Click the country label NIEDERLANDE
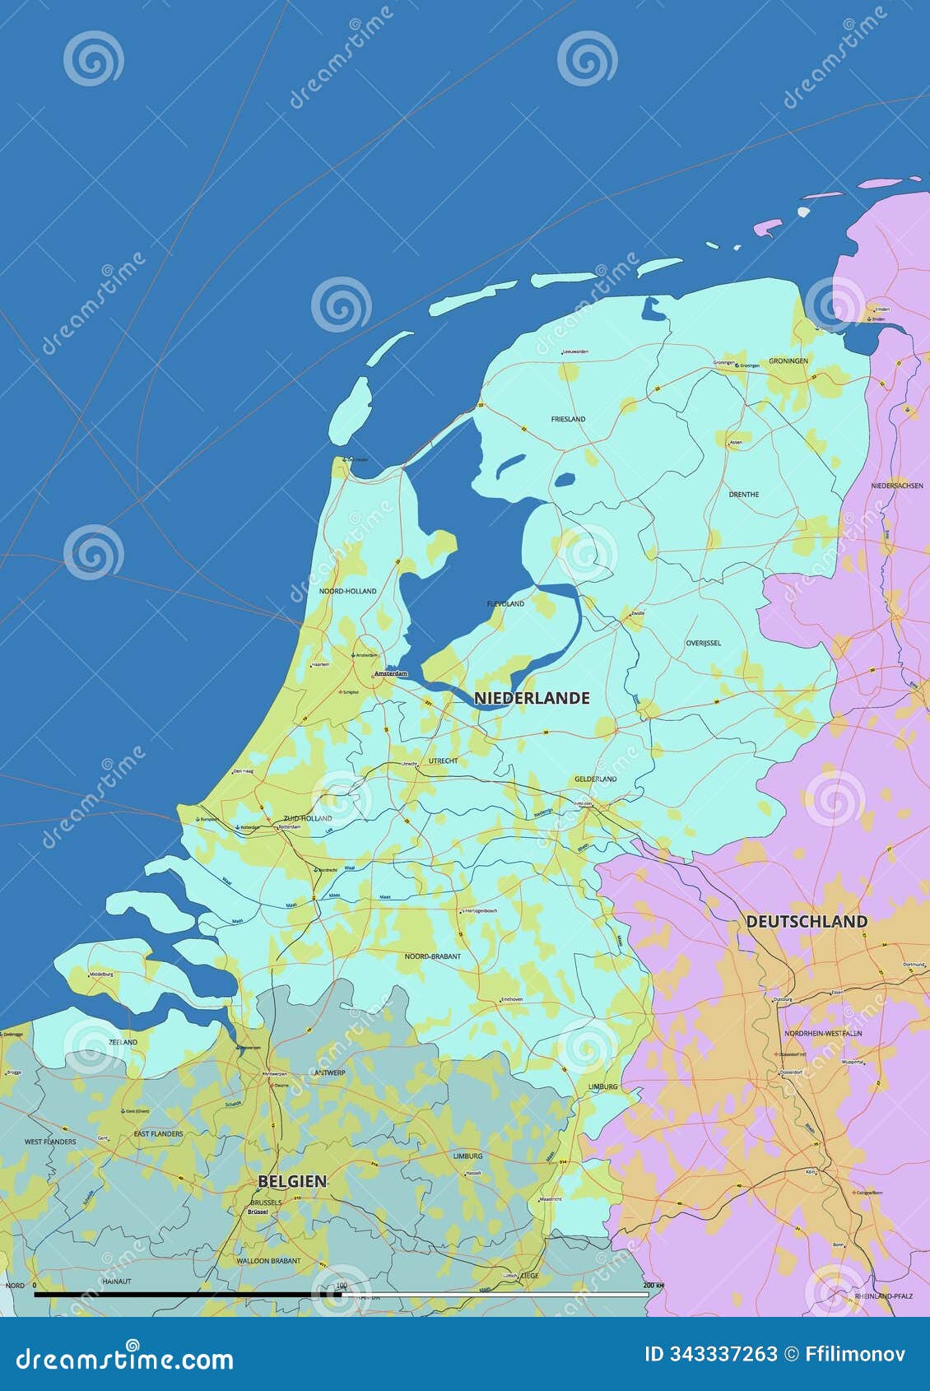532,698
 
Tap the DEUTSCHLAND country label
807,922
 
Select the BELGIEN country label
292,1181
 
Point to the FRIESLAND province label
568,419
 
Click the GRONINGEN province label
788,361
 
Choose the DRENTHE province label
743,495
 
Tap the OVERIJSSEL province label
703,643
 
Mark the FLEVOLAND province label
505,604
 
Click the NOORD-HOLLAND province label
347,591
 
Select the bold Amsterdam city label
391,674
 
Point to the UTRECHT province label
443,761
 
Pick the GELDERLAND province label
595,779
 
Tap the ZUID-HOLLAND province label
308,818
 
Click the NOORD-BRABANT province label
433,956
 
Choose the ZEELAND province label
123,1042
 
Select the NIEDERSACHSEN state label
897,486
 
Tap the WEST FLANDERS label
50,1142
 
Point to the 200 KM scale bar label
653,1285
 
